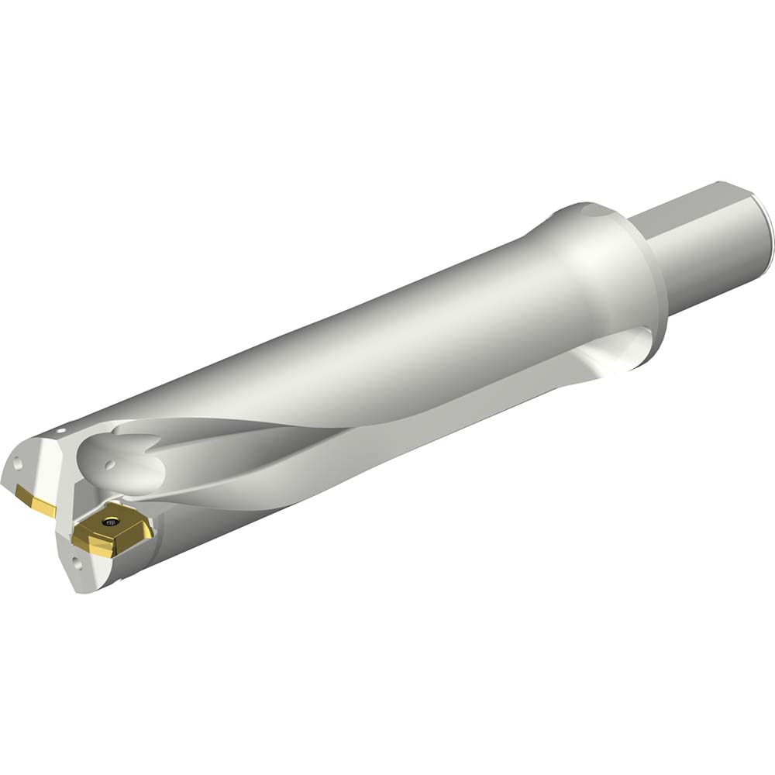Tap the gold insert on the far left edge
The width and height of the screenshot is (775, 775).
coord(36,501)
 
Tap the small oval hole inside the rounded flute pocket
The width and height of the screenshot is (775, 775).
coord(110,465)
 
